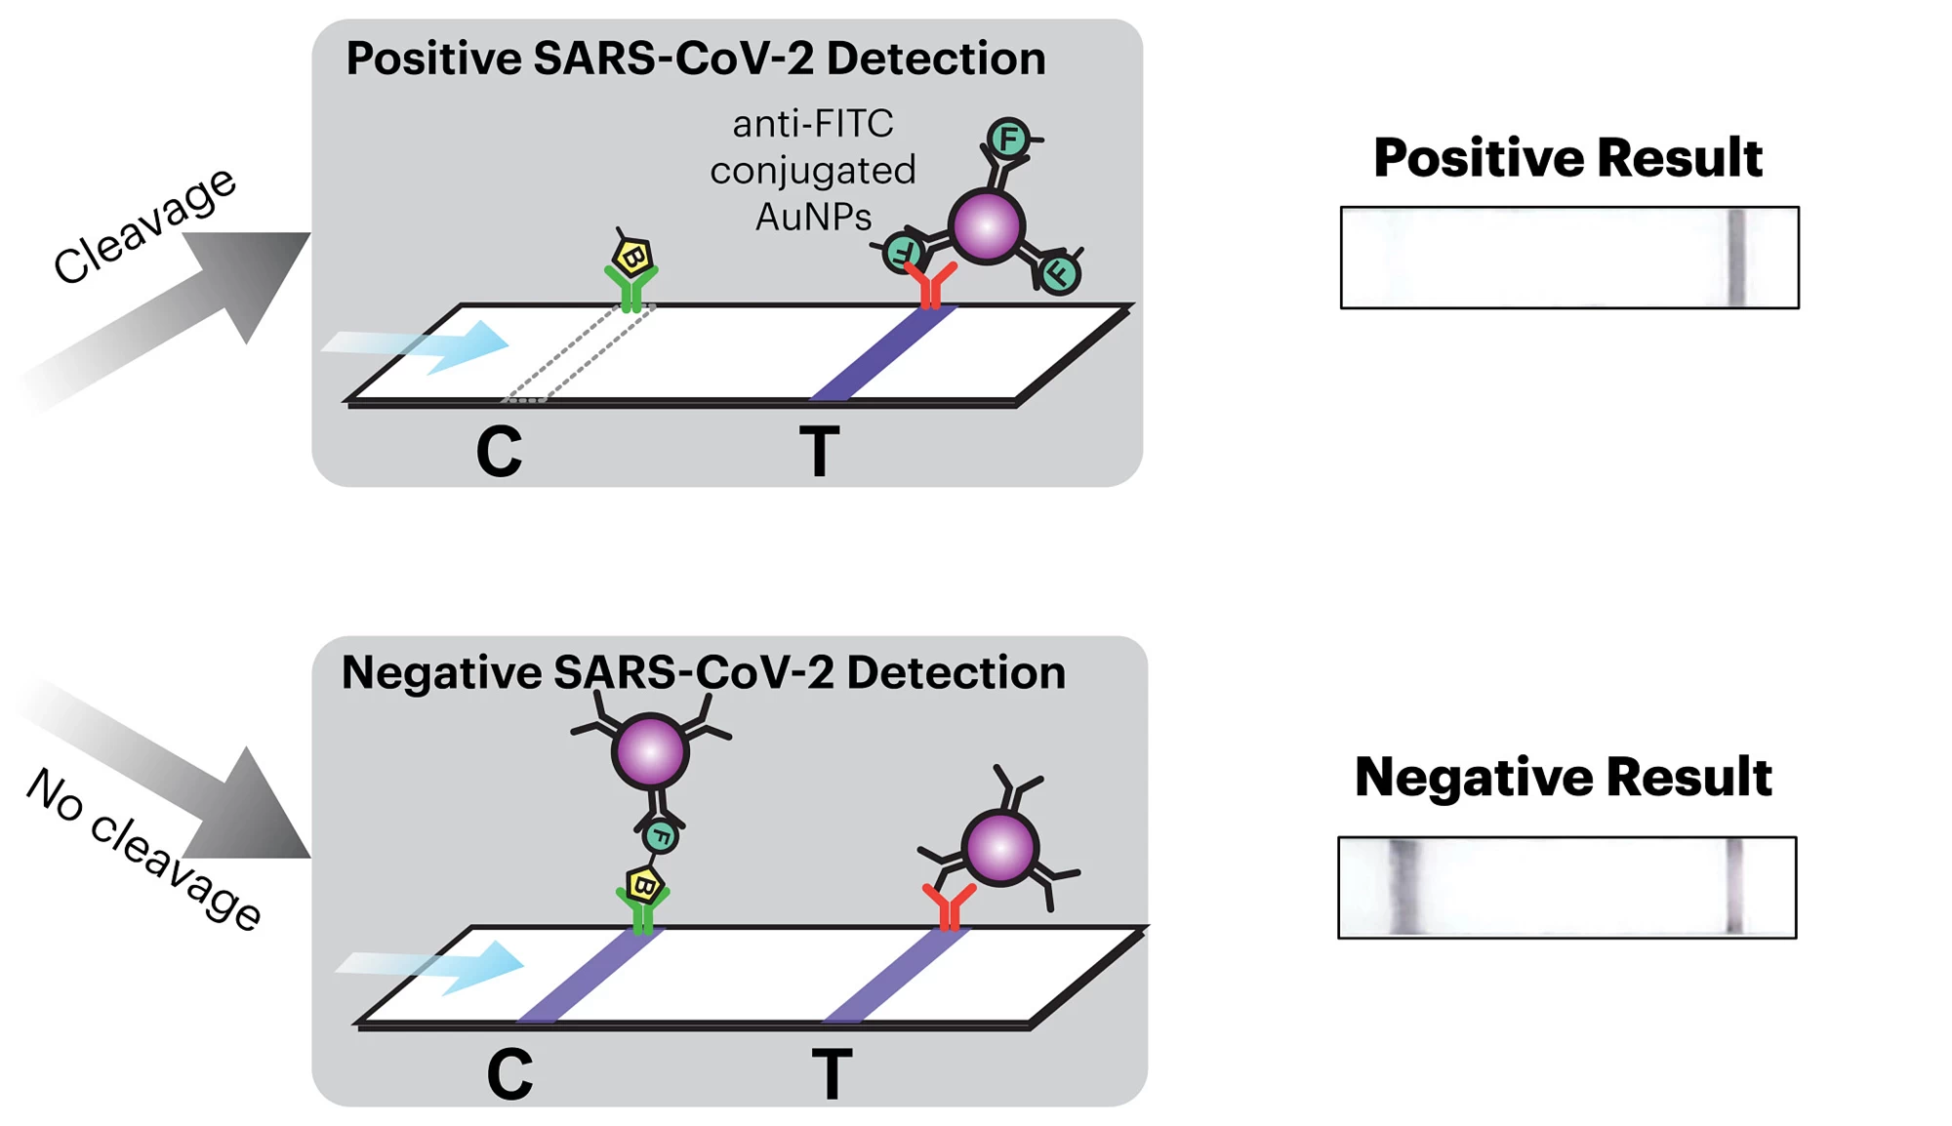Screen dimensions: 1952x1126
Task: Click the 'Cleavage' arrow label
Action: click(144, 225)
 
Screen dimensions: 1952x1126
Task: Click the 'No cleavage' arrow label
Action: click(143, 849)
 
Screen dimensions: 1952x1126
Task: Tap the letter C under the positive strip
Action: click(499, 452)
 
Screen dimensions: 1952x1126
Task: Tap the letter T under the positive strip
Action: click(819, 452)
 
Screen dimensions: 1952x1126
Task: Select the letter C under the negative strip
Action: click(509, 1074)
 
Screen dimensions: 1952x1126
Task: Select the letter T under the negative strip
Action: click(832, 1074)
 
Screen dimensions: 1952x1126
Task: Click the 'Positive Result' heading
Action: click(1567, 157)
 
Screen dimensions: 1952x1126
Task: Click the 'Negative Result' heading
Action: click(1563, 777)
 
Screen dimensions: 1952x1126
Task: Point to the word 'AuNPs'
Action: click(813, 217)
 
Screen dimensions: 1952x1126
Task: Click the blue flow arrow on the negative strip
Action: click(430, 967)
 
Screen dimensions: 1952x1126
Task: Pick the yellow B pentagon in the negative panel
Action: click(644, 886)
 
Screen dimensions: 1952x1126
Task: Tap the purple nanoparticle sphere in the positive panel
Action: click(987, 227)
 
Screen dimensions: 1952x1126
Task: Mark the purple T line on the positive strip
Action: click(883, 353)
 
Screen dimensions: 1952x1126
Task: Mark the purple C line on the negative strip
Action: click(590, 976)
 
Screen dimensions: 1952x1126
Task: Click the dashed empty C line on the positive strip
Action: click(578, 353)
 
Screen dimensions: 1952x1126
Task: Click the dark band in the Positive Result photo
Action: click(1736, 258)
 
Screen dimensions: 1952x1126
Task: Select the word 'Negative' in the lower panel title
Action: click(441, 672)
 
